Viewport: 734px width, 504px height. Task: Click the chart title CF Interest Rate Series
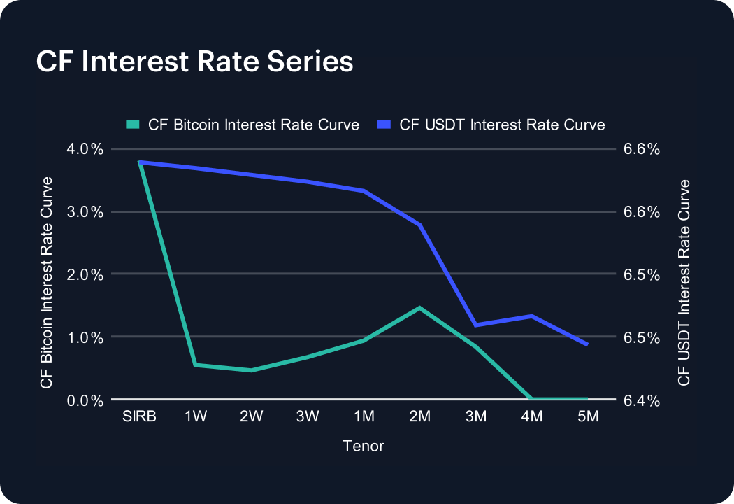click(194, 62)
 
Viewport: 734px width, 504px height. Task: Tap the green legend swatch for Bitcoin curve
click(133, 125)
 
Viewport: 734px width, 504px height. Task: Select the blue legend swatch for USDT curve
click(384, 125)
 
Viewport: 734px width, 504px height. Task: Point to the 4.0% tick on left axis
click(85, 149)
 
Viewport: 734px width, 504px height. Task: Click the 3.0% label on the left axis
click(85, 212)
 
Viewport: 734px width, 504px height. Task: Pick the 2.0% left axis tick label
click(85, 274)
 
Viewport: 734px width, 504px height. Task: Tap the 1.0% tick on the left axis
click(85, 337)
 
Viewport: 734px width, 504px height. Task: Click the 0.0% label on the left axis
click(85, 400)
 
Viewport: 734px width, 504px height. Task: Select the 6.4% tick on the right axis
click(642, 400)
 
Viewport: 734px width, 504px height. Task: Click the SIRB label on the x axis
click(140, 416)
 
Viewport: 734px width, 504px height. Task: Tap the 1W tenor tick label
click(196, 416)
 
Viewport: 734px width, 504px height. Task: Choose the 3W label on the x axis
click(308, 416)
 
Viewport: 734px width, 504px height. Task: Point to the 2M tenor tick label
click(420, 416)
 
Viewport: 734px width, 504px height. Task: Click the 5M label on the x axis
click(588, 416)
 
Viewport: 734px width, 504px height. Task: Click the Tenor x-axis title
click(364, 446)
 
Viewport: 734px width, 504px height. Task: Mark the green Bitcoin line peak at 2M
click(419, 308)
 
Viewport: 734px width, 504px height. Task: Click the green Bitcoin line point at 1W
click(195, 365)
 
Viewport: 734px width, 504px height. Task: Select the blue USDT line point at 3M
click(475, 325)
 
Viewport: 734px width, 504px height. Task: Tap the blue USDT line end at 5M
click(587, 344)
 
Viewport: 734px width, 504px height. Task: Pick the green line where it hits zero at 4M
click(531, 398)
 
